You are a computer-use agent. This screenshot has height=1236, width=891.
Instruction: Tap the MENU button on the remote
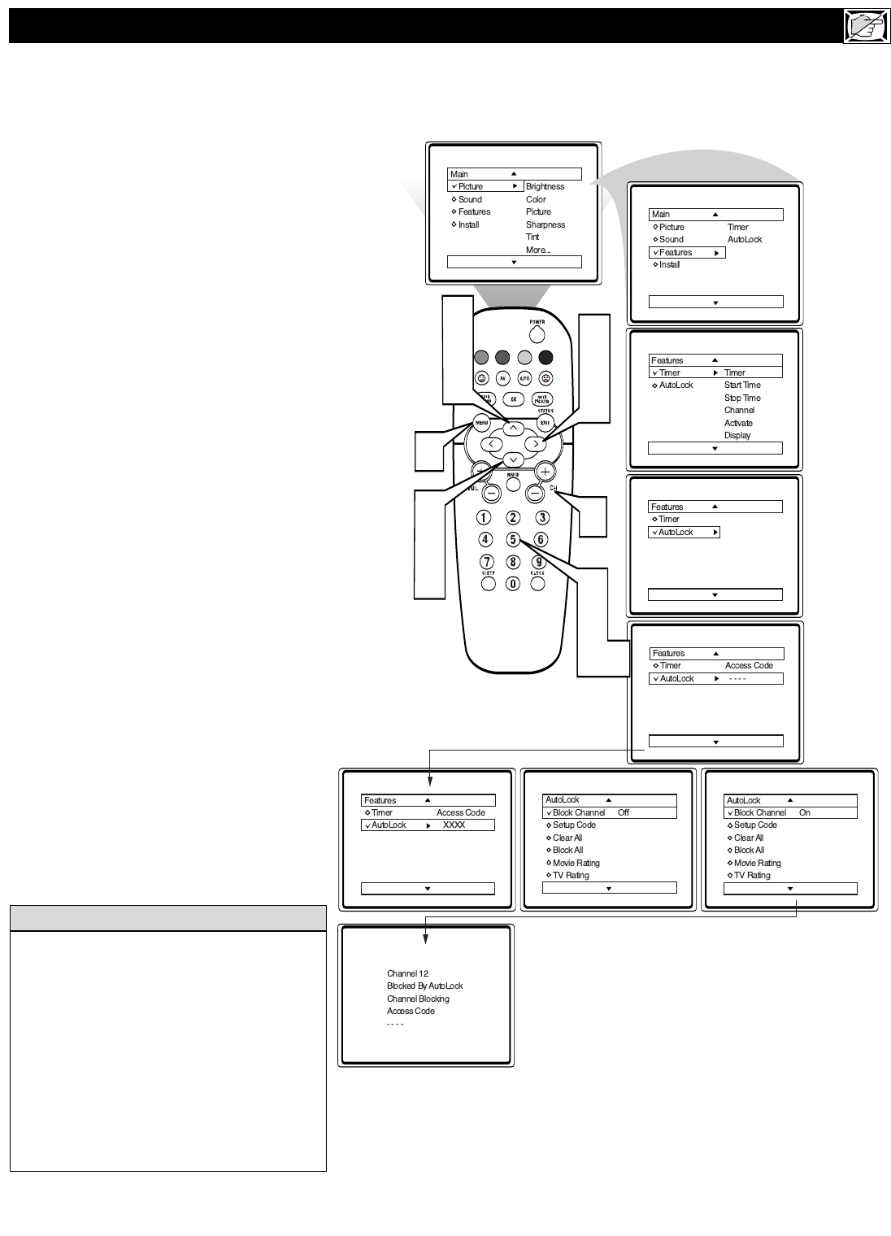pyautogui.click(x=481, y=423)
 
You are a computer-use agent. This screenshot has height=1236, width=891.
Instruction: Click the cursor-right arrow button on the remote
pyautogui.click(x=535, y=444)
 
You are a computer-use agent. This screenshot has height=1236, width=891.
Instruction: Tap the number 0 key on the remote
pyautogui.click(x=512, y=583)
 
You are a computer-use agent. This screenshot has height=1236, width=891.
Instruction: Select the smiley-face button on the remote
pyautogui.click(x=481, y=378)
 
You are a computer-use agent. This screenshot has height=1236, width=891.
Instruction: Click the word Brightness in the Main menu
pyautogui.click(x=545, y=187)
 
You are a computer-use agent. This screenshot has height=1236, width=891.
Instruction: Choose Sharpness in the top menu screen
pyautogui.click(x=545, y=224)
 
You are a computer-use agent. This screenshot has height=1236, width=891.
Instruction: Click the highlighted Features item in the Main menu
pyautogui.click(x=676, y=253)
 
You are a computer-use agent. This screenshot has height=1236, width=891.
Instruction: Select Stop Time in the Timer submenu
pyautogui.click(x=742, y=398)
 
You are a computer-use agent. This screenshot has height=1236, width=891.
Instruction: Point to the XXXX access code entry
pyautogui.click(x=454, y=825)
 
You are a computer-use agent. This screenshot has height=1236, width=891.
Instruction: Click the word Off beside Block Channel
pyautogui.click(x=624, y=813)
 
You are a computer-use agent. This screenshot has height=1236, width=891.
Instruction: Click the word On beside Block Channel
pyautogui.click(x=805, y=813)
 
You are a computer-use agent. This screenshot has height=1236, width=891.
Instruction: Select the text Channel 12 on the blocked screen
pyautogui.click(x=407, y=973)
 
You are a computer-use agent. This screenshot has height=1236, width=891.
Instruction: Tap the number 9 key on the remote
pyautogui.click(x=539, y=561)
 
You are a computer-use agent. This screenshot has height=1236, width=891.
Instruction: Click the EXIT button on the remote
pyautogui.click(x=545, y=423)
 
